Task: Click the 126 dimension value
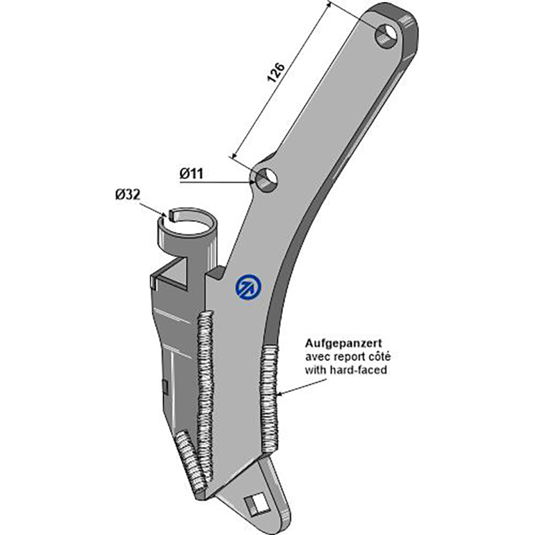tap(276, 72)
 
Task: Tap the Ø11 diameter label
tap(191, 174)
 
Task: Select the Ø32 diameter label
tap(128, 195)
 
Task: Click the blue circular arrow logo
tap(248, 287)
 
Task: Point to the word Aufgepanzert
tap(343, 343)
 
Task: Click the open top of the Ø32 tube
tap(189, 223)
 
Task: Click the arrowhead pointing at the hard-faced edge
tap(280, 394)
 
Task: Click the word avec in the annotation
tap(315, 357)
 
